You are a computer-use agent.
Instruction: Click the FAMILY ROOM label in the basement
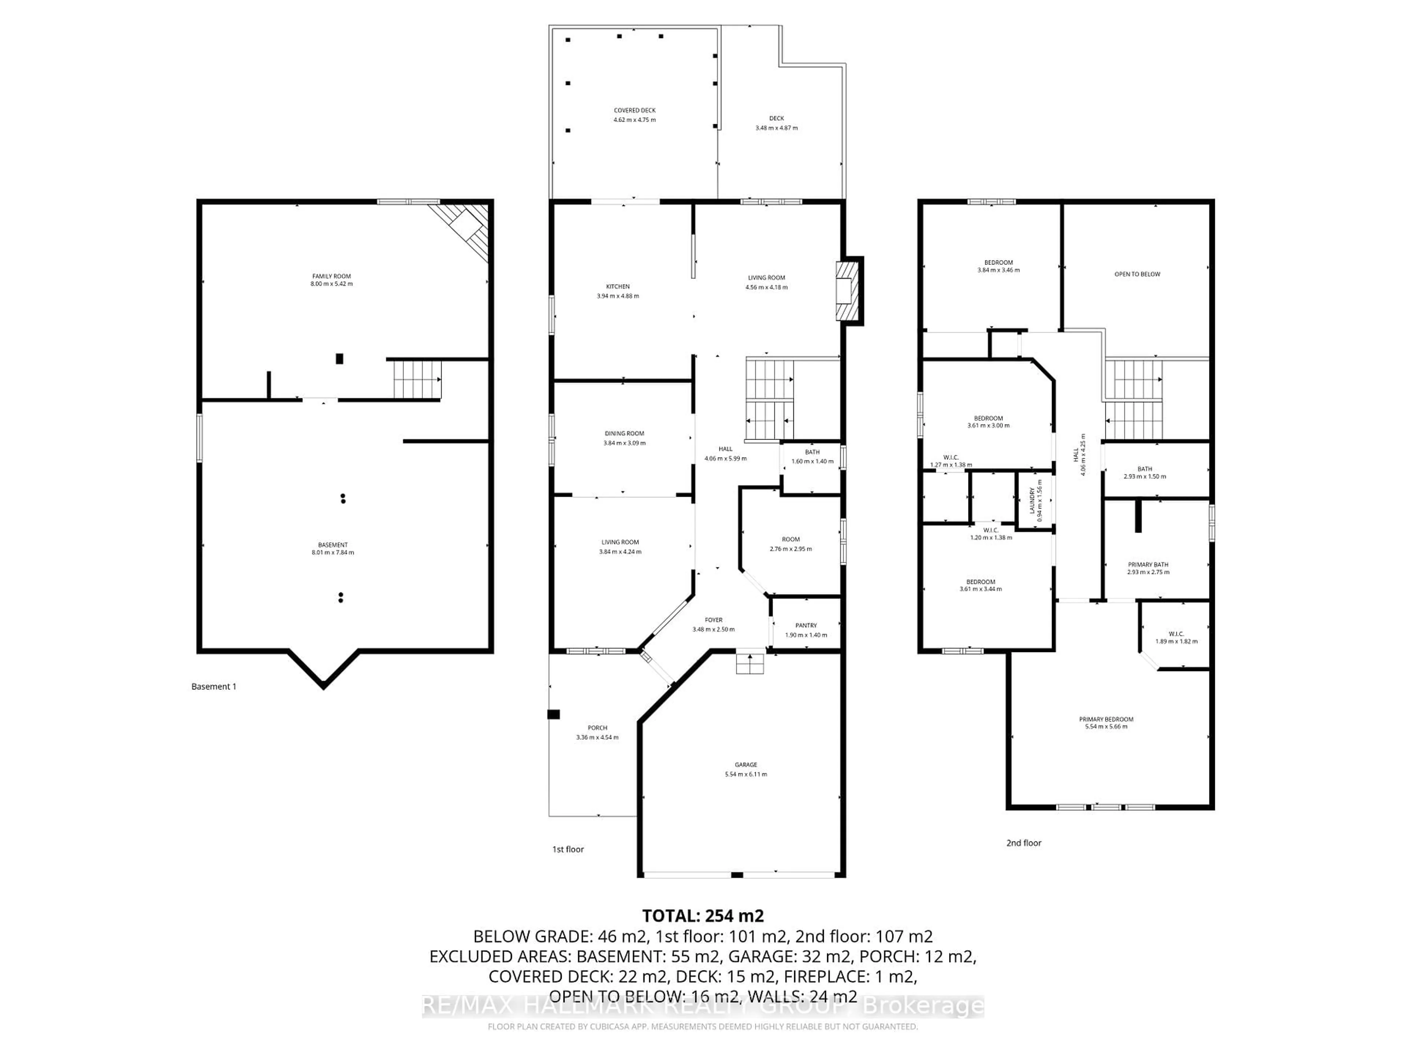tap(331, 276)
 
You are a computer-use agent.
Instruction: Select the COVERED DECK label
tap(635, 110)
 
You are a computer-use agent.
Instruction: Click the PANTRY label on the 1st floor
tap(806, 625)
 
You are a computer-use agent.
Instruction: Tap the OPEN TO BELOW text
tap(1137, 274)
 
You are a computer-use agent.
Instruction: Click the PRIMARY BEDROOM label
tap(1106, 719)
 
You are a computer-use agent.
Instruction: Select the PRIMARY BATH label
tap(1148, 564)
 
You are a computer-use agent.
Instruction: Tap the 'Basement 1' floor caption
tap(213, 686)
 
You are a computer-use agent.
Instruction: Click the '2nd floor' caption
tap(1023, 843)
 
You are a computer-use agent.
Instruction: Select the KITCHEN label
tap(618, 286)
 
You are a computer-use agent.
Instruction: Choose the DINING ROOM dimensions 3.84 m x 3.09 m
tap(624, 443)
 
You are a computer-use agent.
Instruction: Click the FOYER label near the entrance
tap(713, 619)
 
